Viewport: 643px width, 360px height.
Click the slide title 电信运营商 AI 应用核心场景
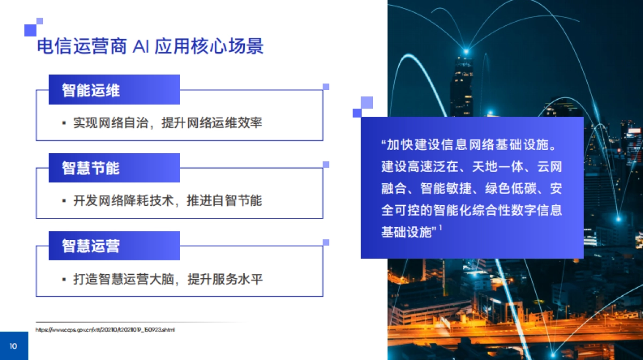(x=149, y=47)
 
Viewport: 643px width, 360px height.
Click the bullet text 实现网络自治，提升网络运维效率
(x=167, y=123)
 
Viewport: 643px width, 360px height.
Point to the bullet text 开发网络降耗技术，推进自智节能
(x=167, y=201)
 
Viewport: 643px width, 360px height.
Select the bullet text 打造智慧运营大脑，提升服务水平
(x=167, y=279)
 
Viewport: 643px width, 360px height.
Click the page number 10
(x=13, y=346)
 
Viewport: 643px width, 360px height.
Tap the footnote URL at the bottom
(x=105, y=329)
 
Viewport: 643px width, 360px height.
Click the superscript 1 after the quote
(x=440, y=228)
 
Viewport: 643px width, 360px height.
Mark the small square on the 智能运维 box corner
(x=326, y=86)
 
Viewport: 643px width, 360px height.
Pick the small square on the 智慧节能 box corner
(x=326, y=164)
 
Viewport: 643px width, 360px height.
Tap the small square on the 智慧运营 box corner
(x=326, y=243)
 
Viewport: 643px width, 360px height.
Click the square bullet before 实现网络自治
(x=64, y=123)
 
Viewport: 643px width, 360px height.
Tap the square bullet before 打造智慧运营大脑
(x=64, y=280)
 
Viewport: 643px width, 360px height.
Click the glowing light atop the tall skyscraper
(x=466, y=51)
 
